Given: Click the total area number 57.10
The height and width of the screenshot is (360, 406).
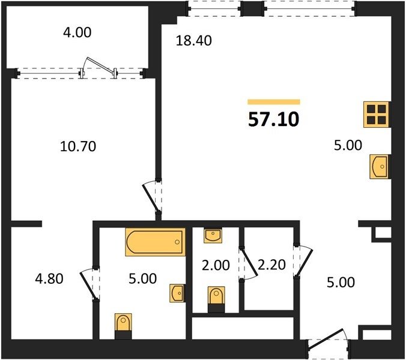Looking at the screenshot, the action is (x=274, y=119).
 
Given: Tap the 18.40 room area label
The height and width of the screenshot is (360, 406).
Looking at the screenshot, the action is (x=193, y=41).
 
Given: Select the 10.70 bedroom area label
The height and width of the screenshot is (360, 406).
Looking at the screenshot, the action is (x=78, y=146).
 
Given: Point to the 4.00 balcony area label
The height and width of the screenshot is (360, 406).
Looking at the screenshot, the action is (x=77, y=32).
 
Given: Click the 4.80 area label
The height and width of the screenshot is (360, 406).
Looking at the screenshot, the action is (x=49, y=279).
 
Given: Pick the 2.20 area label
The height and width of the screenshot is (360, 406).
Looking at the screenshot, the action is (x=272, y=265).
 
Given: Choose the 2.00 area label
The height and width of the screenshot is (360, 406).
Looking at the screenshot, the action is (x=216, y=265).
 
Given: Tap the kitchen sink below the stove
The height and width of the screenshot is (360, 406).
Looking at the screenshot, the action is (x=380, y=167).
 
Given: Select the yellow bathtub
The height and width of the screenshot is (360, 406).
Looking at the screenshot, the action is (x=156, y=242).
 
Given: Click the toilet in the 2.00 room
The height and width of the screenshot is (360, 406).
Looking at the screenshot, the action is (x=216, y=299).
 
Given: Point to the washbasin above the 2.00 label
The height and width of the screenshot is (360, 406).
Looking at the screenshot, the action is (x=213, y=235).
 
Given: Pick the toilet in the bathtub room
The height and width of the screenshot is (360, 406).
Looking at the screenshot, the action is (x=123, y=326).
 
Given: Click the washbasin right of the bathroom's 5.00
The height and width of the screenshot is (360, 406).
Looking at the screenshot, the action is (x=178, y=293).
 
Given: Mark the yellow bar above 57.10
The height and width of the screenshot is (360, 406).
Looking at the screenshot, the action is (x=274, y=101).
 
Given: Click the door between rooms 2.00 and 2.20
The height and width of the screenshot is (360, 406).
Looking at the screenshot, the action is (x=248, y=263).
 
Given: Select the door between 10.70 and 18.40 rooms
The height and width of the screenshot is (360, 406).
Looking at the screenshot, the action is (x=153, y=197).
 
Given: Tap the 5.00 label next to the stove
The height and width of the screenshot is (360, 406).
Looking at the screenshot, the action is (x=348, y=145).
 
